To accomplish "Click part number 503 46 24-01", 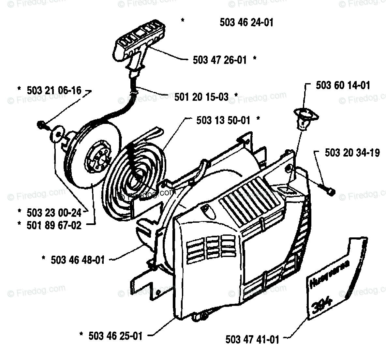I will point(246,22).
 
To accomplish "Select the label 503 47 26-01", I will point(220,60).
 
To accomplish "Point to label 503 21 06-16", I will point(54,90).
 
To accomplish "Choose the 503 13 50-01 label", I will point(223,120).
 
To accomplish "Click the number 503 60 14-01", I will point(343,85).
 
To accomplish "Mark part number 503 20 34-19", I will point(352,153).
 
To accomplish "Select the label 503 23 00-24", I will point(54,213).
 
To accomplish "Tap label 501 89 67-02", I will point(54,225).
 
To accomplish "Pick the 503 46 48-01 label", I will point(78,260).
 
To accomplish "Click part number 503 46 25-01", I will point(115,336).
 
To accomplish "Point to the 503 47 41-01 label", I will point(252,339).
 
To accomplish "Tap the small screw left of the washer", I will point(42,124).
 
